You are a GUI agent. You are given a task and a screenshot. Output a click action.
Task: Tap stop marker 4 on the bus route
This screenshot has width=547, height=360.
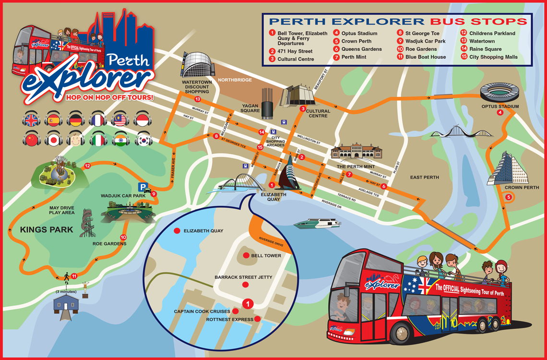[500, 113]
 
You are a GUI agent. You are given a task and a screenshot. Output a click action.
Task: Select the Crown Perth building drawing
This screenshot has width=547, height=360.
[506, 169]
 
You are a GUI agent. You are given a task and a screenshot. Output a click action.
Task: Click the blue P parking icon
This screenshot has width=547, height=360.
[143, 187]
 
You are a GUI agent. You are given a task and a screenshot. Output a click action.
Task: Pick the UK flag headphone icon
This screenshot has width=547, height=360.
[31, 120]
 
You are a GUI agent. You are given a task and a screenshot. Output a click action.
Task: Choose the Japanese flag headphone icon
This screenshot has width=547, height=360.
[54, 140]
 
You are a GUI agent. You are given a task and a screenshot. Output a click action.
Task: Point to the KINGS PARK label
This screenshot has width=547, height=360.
[47, 230]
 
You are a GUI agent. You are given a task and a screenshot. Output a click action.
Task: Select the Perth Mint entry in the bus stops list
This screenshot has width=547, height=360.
[354, 57]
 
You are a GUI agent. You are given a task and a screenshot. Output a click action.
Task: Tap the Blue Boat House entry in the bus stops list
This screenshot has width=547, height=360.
[425, 57]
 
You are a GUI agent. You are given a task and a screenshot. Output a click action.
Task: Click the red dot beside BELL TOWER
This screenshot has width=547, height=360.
[246, 255]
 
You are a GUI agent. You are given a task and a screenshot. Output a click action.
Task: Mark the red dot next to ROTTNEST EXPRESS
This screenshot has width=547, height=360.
[258, 319]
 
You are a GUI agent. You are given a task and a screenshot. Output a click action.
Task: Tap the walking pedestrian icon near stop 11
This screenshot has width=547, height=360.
[67, 277]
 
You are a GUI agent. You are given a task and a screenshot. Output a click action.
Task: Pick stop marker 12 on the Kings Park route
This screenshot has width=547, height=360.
[87, 166]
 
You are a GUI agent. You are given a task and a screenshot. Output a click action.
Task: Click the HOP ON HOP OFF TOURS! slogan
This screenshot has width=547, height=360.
[106, 97]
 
